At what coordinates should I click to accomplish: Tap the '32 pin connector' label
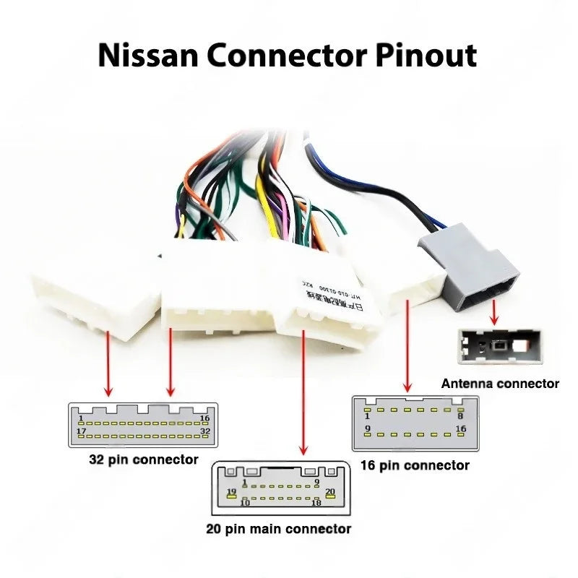pyautogui.click(x=143, y=459)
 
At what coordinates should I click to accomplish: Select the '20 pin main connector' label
pyautogui.click(x=279, y=529)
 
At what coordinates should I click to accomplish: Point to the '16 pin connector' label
pyautogui.click(x=415, y=465)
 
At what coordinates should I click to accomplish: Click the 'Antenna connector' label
pyautogui.click(x=500, y=384)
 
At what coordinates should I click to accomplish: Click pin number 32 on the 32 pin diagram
pyautogui.click(x=204, y=432)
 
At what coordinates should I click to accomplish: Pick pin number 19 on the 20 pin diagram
pyautogui.click(x=232, y=492)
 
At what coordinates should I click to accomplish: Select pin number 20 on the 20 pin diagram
pyautogui.click(x=330, y=492)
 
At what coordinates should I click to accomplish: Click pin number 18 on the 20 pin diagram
pyautogui.click(x=316, y=502)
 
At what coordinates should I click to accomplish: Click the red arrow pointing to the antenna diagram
pyautogui.click(x=494, y=313)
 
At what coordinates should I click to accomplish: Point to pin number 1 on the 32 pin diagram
pyautogui.click(x=82, y=418)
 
